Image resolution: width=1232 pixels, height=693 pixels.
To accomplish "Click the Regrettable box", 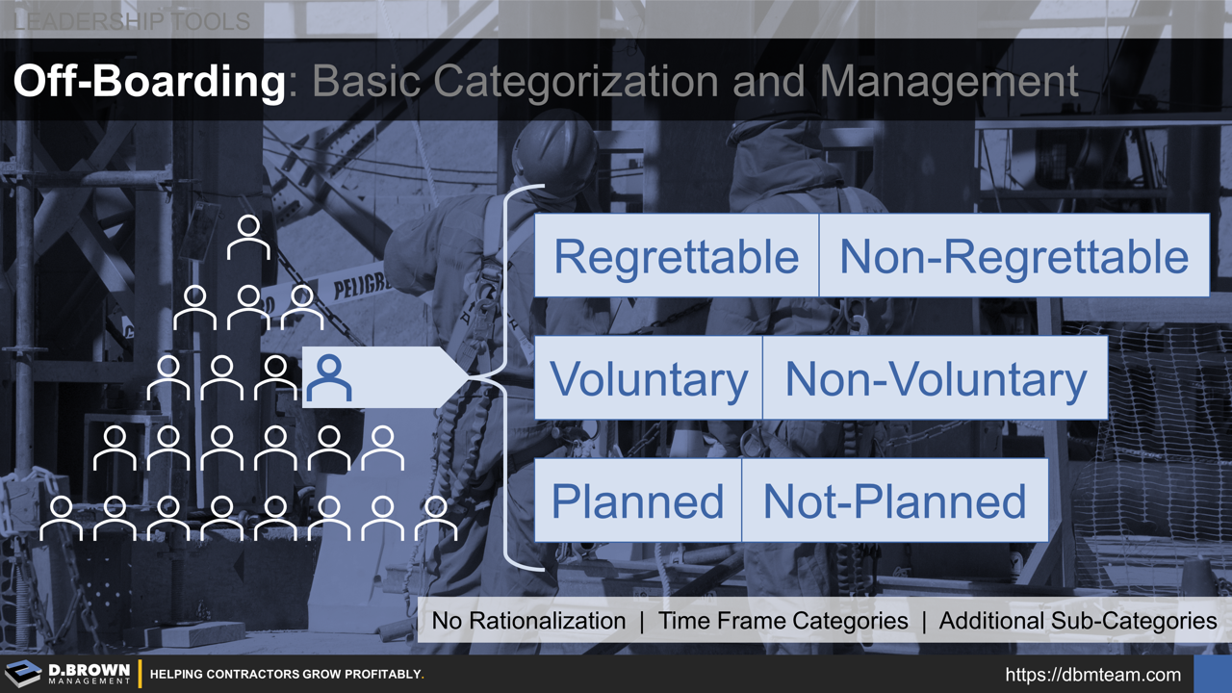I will click(x=676, y=256).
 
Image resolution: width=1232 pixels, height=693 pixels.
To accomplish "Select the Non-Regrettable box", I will click(x=1014, y=256).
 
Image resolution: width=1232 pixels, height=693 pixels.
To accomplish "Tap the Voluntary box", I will click(x=648, y=378).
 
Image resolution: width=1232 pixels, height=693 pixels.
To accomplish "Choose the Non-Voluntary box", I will click(x=935, y=378).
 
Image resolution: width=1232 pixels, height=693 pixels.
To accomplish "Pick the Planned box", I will click(x=637, y=500).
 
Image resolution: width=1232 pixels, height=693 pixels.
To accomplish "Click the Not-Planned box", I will click(x=894, y=500).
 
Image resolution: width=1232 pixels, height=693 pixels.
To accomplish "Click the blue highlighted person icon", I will click(x=329, y=378).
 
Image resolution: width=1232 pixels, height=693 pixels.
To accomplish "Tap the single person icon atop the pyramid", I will click(x=248, y=237).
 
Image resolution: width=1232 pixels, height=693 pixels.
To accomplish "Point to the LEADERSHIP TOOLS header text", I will click(x=132, y=20).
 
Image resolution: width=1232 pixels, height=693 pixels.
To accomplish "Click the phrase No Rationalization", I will click(x=528, y=621).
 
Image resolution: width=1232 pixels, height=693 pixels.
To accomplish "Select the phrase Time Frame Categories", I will click(x=783, y=621).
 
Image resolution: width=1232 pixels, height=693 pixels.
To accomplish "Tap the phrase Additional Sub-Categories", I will click(x=1077, y=621).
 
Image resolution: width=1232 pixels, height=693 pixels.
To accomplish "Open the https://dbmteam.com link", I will click(x=1092, y=674).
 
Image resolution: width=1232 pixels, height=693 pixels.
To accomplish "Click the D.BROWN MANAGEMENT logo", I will click(x=69, y=674).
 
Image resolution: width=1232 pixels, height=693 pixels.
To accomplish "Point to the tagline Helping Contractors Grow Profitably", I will click(x=287, y=674).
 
